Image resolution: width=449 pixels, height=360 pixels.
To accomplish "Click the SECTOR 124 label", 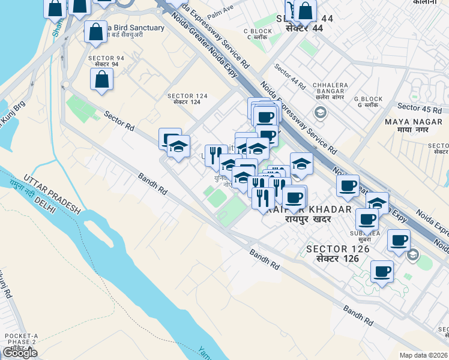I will [188, 99].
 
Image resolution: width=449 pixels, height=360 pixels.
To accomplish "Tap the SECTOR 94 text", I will [106, 61].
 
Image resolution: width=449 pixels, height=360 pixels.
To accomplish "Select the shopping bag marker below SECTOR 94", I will [101, 79].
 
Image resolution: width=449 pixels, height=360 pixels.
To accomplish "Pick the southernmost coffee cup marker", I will [382, 271].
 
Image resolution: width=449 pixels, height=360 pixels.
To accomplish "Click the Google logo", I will [19, 353].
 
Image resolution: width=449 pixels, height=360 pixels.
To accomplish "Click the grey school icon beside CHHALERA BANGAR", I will [320, 112].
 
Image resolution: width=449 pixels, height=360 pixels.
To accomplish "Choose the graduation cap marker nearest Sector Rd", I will [178, 147].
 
